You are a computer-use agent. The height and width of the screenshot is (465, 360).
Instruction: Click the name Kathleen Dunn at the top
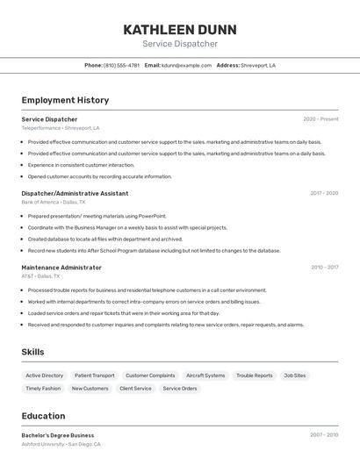click(180, 29)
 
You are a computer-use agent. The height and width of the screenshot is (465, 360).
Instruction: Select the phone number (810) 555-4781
click(121, 65)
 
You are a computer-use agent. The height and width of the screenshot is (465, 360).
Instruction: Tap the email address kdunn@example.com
click(186, 65)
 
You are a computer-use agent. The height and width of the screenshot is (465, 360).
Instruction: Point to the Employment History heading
click(65, 100)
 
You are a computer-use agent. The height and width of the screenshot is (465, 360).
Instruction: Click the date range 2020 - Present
click(320, 119)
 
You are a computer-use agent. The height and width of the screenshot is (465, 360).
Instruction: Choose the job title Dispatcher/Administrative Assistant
click(75, 193)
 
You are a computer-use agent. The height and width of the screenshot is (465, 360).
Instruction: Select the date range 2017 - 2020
click(323, 193)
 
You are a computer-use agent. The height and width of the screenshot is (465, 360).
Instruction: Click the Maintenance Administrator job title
click(61, 267)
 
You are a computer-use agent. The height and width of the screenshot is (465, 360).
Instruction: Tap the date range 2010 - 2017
click(323, 267)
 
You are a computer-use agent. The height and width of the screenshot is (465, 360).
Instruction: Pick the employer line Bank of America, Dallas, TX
click(54, 202)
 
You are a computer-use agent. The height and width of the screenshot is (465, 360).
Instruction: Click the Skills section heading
click(32, 352)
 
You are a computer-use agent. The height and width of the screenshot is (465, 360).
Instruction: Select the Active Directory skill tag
click(44, 376)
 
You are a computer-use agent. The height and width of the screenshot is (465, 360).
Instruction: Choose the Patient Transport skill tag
click(94, 376)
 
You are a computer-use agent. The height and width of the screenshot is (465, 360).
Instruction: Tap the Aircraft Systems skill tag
click(205, 376)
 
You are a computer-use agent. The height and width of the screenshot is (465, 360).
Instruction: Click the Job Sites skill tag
click(294, 376)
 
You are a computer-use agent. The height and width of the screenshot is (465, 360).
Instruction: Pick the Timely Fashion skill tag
click(43, 388)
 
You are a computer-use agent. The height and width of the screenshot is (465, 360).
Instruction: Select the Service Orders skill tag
click(180, 388)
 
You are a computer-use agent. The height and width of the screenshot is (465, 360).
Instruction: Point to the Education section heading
click(43, 416)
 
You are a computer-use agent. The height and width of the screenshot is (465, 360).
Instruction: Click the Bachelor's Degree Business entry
click(57, 435)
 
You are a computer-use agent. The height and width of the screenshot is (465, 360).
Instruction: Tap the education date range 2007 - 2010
click(323, 435)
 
